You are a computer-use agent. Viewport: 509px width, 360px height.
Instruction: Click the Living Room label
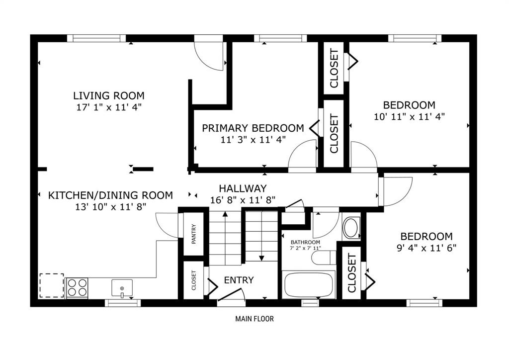[x=109, y=96]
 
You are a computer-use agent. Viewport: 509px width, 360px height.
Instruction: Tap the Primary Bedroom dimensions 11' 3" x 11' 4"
[x=253, y=140]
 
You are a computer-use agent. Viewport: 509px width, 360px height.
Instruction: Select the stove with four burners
[x=77, y=287]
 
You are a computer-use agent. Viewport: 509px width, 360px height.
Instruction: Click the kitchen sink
[x=122, y=288]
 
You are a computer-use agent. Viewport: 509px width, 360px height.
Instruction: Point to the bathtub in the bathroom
[x=309, y=284]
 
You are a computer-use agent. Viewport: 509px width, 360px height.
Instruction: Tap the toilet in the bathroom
[x=324, y=258]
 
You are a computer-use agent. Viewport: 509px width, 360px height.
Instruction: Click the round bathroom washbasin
[x=351, y=228]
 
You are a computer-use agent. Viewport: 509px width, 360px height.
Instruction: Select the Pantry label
[x=194, y=234]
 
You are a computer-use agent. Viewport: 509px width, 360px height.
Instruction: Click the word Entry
[x=239, y=280]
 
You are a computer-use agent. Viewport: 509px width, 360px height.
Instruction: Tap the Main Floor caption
[x=254, y=319]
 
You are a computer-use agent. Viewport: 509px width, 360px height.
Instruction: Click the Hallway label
[x=243, y=188]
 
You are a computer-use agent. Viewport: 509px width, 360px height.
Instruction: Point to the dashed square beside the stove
[x=52, y=285]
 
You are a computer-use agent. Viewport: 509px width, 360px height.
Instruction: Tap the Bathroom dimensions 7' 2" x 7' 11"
[x=306, y=248]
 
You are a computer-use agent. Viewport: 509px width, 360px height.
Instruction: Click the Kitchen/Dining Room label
[x=110, y=195]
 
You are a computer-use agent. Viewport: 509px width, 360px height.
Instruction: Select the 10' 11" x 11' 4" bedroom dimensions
[x=409, y=116]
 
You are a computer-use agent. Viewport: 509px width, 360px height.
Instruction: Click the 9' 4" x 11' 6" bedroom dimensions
[x=426, y=248]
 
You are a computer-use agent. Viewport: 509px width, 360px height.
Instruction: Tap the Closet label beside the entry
[x=194, y=280]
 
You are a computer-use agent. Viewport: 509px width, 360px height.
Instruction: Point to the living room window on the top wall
[x=96, y=38]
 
